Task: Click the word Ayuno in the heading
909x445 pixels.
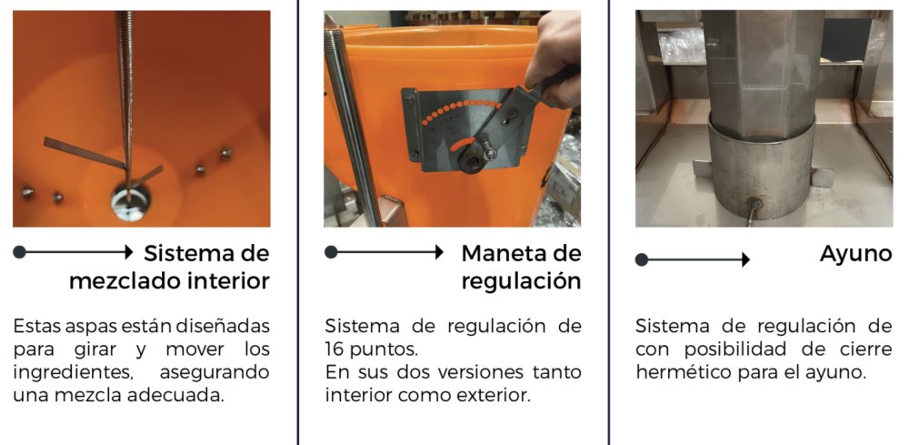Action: coord(855,254)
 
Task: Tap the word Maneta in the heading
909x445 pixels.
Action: coord(501,253)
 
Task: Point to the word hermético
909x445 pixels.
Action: coord(682,372)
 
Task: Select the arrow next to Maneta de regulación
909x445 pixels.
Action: coord(386,252)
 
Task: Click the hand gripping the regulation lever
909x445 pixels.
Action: coord(556,61)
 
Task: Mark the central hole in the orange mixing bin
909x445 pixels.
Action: coord(130,203)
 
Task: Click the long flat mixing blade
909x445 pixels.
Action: coord(85,153)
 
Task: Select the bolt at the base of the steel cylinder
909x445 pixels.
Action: coord(754,204)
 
